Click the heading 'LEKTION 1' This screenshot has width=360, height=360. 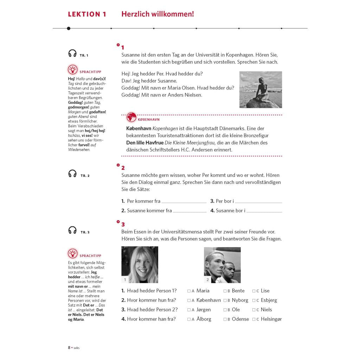87,14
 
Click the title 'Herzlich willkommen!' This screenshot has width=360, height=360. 157,14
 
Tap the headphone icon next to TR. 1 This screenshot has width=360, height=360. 72,53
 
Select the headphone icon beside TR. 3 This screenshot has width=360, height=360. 72,230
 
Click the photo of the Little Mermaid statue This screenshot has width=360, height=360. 261,90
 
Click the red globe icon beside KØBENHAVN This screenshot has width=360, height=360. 131,117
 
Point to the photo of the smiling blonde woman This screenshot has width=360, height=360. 140,265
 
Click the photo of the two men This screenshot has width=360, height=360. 222,265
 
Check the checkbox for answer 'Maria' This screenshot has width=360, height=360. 189,291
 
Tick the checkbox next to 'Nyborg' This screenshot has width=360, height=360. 225,301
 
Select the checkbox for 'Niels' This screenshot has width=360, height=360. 254,310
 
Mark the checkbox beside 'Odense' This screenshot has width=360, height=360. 225,320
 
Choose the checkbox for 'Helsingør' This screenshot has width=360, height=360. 254,320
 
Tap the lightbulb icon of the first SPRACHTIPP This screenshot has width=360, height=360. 72,70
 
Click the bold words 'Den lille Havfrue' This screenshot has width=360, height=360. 145,143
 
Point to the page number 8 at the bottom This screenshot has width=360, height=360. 69,348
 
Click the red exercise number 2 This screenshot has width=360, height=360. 123,168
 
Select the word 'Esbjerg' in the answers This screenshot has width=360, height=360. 269,300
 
